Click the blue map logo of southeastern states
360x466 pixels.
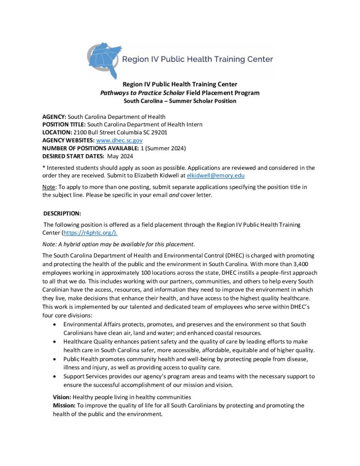click(x=105, y=60)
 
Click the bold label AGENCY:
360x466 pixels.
click(x=54, y=117)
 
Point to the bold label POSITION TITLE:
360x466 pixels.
click(x=64, y=125)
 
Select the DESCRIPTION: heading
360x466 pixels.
click(x=62, y=213)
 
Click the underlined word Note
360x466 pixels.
click(x=49, y=187)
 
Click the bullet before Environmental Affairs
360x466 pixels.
click(x=55, y=324)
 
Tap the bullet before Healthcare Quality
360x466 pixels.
click(x=55, y=341)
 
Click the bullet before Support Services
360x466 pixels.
click(x=55, y=377)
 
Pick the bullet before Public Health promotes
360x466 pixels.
click(x=55, y=359)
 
